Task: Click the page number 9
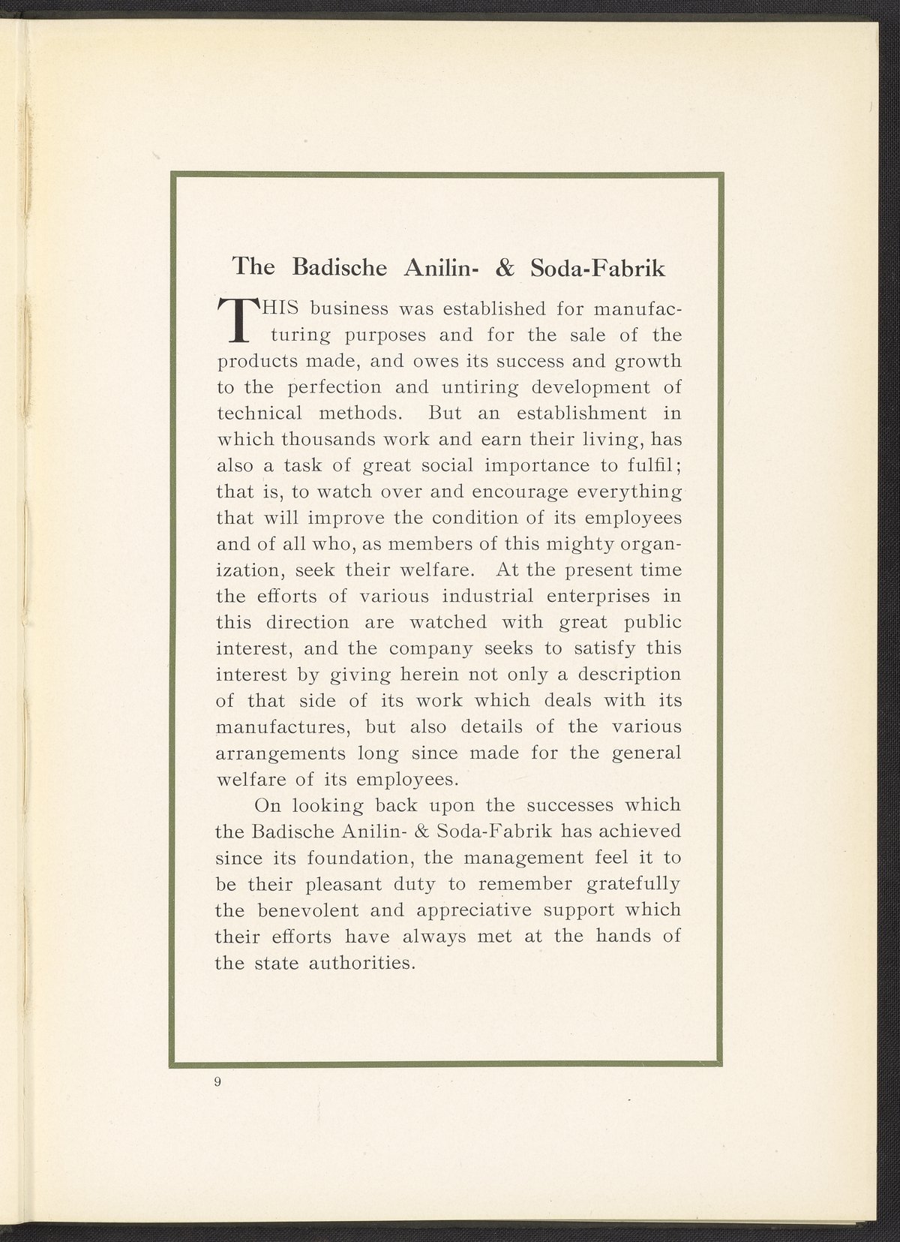pos(217,1081)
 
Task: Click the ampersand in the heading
pos(499,268)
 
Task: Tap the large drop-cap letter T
pos(236,319)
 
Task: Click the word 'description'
pos(625,675)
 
